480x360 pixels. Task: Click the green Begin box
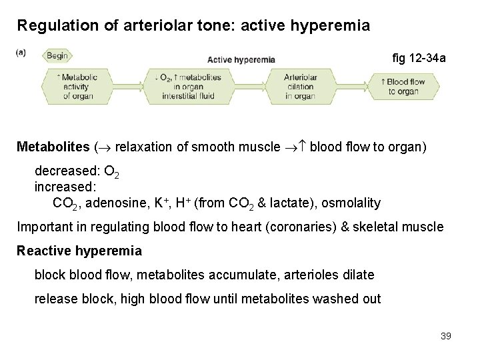point(57,56)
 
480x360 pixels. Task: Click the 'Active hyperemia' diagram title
point(241,59)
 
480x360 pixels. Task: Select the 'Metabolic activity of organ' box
point(79,87)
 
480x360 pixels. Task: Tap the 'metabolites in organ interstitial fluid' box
point(192,87)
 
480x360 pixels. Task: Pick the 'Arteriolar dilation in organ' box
point(299,87)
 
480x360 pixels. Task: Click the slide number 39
point(445,336)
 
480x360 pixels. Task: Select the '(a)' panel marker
point(21,51)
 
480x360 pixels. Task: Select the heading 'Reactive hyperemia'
point(79,251)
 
